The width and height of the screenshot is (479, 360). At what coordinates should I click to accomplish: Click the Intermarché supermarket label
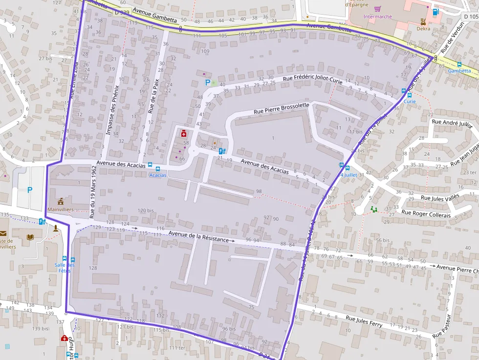378,16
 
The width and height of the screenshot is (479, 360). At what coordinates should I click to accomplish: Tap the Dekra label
424,28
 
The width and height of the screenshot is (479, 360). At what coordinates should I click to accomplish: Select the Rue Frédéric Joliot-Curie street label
312,80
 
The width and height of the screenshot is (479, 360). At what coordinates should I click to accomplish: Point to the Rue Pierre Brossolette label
281,108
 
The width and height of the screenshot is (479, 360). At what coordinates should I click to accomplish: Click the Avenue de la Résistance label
198,237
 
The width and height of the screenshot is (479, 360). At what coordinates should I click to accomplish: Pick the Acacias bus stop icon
150,165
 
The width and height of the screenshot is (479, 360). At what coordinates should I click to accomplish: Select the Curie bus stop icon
403,91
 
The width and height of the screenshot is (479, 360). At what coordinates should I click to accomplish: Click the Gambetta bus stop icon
459,64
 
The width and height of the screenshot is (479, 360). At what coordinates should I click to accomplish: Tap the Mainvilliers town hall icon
60,201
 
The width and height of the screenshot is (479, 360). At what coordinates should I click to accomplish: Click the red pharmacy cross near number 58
184,133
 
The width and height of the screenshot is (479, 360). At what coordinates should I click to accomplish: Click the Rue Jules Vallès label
439,198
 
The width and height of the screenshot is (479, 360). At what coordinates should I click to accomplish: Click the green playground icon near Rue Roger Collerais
374,209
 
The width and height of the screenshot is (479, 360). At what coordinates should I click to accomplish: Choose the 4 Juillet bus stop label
348,174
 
